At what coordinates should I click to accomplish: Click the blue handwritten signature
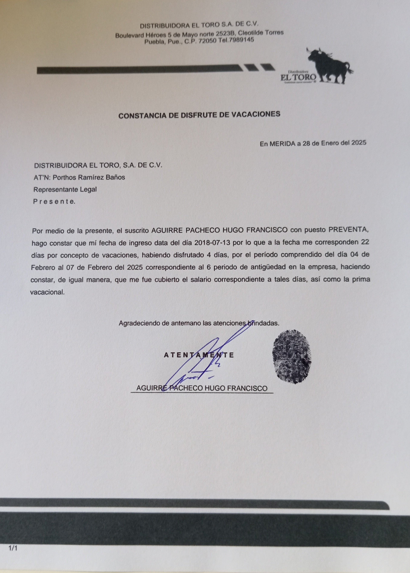pos(199,361)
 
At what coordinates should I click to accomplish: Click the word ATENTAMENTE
pos(199,355)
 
